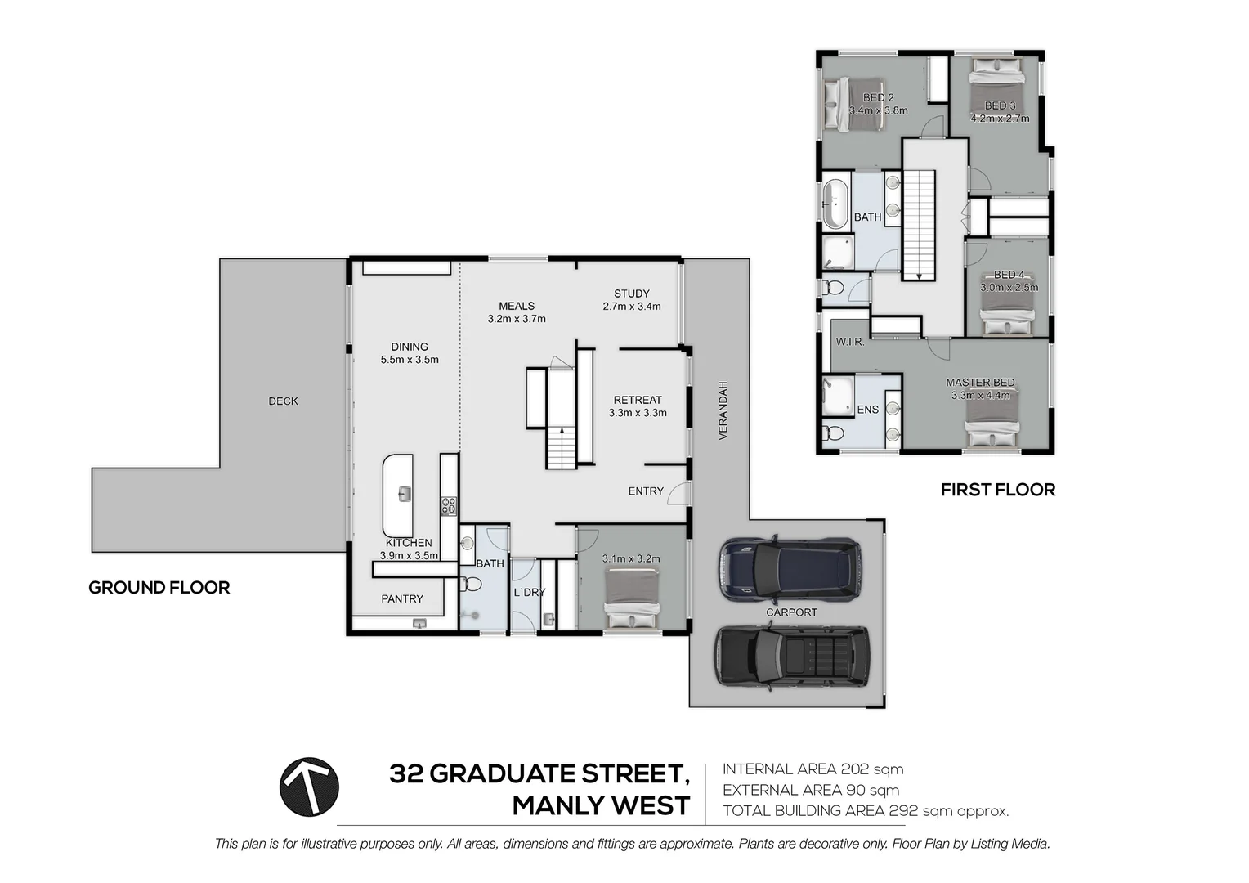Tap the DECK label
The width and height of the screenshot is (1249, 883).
point(283,401)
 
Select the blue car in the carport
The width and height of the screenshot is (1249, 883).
point(789,567)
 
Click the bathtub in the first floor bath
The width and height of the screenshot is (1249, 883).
point(835,204)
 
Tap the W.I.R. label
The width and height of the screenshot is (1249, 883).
point(849,342)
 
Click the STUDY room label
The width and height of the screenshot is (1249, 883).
point(631,294)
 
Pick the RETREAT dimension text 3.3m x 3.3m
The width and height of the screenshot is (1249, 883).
point(638,413)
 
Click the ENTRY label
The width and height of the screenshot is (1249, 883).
point(646,491)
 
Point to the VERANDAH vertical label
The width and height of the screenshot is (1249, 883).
point(723,410)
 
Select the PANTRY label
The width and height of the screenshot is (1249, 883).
point(402,599)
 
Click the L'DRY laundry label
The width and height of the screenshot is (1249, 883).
point(529,592)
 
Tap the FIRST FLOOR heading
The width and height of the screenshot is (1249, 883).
point(997,490)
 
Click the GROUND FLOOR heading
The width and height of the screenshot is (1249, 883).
point(159,587)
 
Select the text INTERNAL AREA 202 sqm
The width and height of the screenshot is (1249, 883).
point(813,769)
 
